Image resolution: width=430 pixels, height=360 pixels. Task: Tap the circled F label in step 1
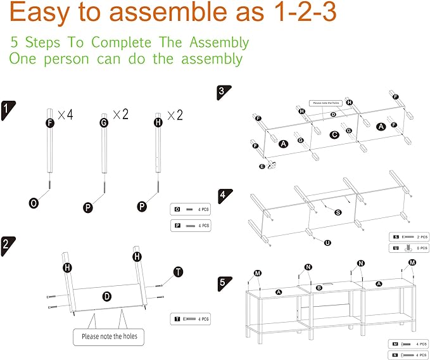[x=50, y=122]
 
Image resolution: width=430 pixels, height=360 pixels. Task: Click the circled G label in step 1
[x=104, y=122]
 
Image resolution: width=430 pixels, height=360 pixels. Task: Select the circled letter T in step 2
[x=178, y=272]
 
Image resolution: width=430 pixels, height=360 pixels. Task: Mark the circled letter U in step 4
[x=327, y=242]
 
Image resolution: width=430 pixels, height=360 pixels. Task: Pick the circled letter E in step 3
[x=262, y=166]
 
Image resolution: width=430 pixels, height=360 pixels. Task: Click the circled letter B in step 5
[x=320, y=288]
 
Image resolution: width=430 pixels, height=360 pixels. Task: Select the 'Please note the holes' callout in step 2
[x=109, y=336]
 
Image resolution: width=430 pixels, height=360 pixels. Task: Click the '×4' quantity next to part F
[x=65, y=115]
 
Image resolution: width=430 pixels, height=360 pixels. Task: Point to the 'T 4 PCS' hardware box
[x=190, y=319]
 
